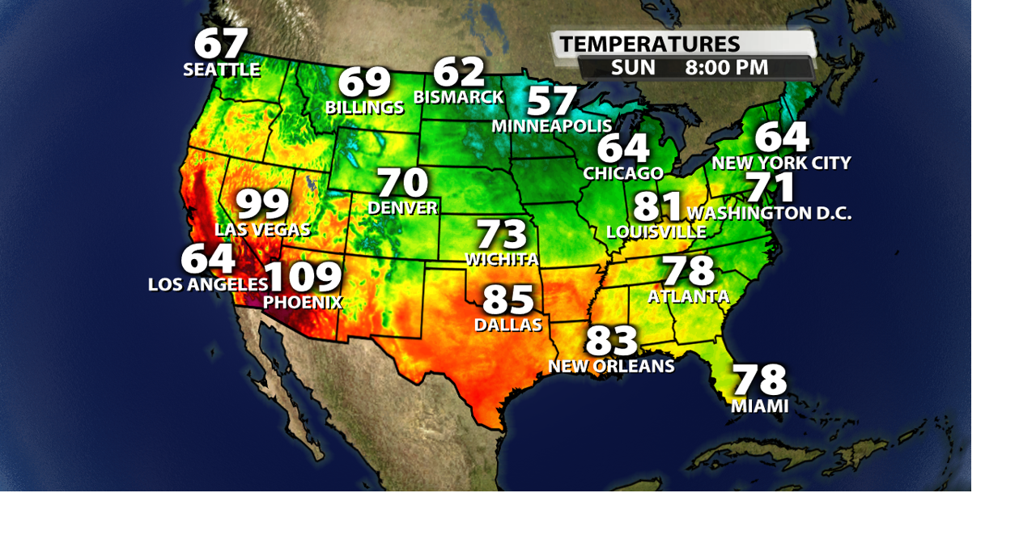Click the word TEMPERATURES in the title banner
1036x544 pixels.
tap(649, 45)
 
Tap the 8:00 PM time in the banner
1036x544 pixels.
tap(726, 68)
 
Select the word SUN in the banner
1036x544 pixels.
tap(633, 68)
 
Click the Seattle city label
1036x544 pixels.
tap(221, 70)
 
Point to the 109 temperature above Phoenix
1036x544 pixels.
tap(304, 277)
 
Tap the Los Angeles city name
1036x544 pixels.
tap(208, 285)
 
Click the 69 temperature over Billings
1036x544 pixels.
tap(364, 83)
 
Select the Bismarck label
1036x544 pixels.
tap(458, 97)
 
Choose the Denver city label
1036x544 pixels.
tap(402, 208)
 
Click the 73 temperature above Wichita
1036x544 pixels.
tap(501, 236)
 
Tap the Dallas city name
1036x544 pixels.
tap(508, 325)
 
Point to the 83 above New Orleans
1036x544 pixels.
tap(611, 342)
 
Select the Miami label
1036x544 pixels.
tap(759, 406)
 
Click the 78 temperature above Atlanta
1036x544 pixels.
tap(688, 272)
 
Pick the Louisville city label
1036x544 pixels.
tap(656, 232)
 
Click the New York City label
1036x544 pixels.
tap(781, 164)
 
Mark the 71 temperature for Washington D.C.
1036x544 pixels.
tap(771, 188)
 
